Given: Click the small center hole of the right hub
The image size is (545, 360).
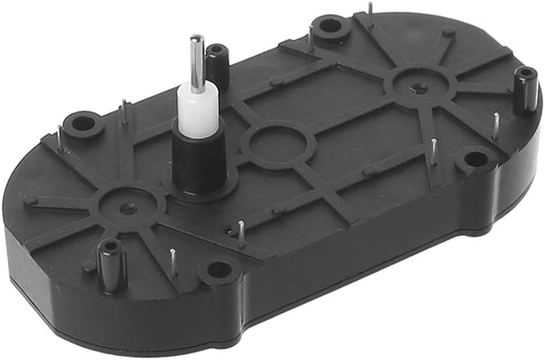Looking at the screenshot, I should point(420,88).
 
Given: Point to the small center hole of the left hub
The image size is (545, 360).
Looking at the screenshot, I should point(127,208).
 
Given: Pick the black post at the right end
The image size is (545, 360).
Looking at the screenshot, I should point(525,89).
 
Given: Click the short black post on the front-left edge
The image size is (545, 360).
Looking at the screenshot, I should point(109,264).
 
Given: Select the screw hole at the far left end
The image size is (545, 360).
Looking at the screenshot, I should point(83,123).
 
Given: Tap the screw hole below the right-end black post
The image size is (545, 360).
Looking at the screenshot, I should point(476,159).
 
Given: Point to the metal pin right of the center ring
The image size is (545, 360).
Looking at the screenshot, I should point(434,150).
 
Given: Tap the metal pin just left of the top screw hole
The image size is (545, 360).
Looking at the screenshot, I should point(311,37).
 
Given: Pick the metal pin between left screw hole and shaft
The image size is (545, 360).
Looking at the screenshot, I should point(125,111).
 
